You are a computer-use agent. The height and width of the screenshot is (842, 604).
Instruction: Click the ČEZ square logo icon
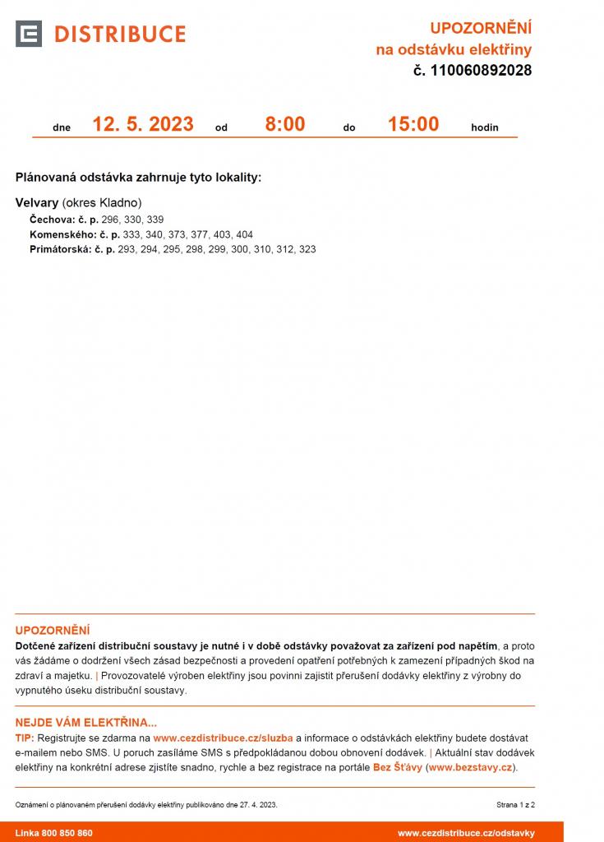point(29,34)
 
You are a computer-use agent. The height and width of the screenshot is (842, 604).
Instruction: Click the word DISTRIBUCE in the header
point(120,34)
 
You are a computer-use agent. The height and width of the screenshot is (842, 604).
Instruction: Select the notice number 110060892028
point(480,71)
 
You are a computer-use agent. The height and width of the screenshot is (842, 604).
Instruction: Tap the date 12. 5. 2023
point(143,124)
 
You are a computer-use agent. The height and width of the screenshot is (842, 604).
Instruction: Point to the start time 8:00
point(284,124)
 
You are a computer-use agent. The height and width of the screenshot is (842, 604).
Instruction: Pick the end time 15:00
point(413,124)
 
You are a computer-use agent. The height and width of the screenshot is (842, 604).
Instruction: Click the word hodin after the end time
point(485,128)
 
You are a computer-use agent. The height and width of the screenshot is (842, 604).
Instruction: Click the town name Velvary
point(37,202)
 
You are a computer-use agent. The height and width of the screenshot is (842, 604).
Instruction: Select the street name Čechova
point(52,220)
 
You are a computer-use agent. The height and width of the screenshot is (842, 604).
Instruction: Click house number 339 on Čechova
point(155,220)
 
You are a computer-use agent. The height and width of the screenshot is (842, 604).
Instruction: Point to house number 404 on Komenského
point(244,234)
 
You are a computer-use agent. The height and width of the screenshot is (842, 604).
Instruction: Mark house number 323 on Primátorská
point(307,249)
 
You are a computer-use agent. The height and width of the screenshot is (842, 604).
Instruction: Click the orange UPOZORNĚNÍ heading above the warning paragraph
point(53,630)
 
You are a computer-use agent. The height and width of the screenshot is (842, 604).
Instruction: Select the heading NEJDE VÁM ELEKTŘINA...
point(85,723)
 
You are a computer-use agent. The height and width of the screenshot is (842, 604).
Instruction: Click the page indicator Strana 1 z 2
point(515,805)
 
